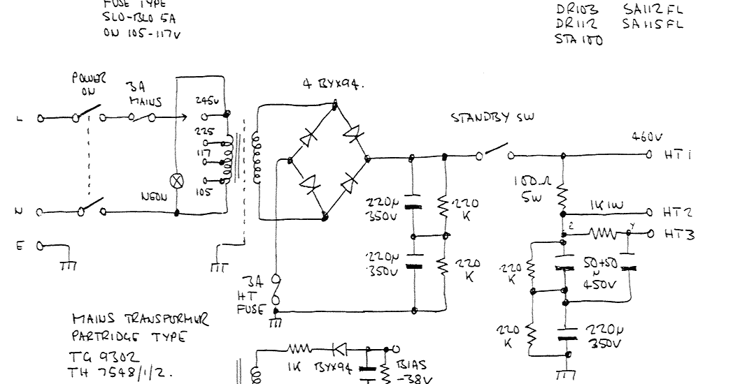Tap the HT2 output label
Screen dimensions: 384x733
tap(678, 212)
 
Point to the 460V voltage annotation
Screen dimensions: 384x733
tap(645, 137)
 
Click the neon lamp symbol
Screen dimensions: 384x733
tap(177, 179)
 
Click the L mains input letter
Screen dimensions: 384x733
tap(19, 119)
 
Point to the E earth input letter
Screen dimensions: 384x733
tap(19, 245)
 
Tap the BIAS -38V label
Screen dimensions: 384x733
tap(413, 371)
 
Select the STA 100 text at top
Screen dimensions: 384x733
tap(578, 39)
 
